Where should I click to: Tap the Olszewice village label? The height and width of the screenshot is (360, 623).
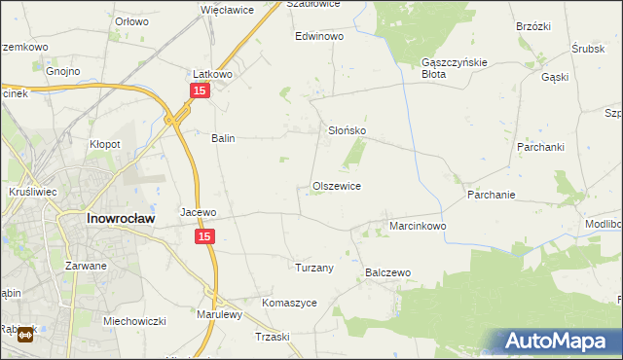(337, 186)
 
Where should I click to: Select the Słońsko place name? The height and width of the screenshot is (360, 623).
(346, 130)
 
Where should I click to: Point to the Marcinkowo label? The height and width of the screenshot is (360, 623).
(418, 226)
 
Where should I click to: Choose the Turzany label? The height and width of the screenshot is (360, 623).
(314, 268)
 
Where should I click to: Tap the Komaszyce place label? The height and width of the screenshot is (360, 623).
(289, 303)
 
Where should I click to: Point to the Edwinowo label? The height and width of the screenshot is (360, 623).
(320, 36)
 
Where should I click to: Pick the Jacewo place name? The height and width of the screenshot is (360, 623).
(198, 211)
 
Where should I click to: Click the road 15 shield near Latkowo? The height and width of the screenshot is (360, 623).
(199, 90)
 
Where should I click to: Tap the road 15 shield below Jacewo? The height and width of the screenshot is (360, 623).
(203, 236)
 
